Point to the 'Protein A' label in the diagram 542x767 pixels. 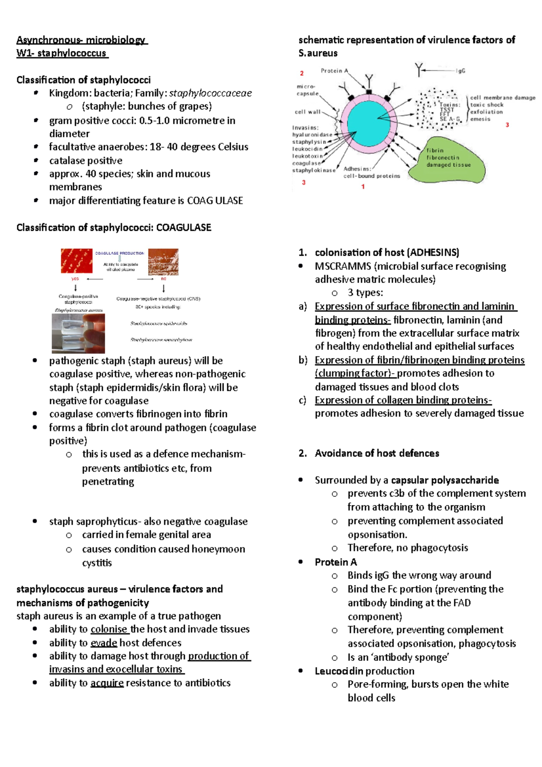click(334, 71)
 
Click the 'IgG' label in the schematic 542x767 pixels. click(460, 71)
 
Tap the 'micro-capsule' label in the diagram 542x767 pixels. click(307, 90)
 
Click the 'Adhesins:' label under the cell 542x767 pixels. click(357, 168)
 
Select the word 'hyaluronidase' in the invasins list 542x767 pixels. click(312, 135)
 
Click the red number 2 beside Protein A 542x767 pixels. click(302, 73)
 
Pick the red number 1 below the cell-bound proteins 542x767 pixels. click(363, 187)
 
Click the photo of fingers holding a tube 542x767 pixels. click(78, 333)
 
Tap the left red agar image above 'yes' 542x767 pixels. click(77, 261)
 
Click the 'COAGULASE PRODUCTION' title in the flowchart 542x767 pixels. click(120, 253)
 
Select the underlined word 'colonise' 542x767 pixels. click(109, 629)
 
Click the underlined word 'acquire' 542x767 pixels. click(107, 683)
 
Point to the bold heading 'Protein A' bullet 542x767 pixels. click(336, 562)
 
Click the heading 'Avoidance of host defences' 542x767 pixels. click(377, 454)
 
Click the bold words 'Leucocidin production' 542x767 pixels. click(364, 671)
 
